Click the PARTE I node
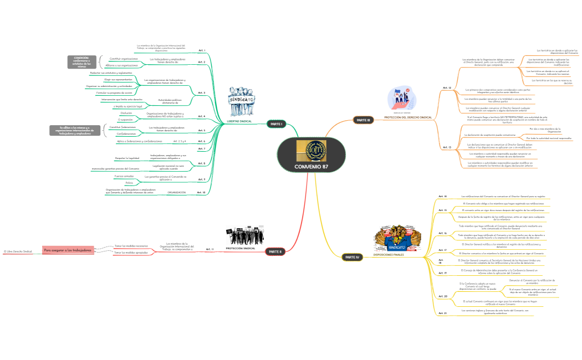click(275, 124)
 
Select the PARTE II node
click(275, 251)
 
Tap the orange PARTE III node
click(363, 120)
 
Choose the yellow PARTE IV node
click(352, 257)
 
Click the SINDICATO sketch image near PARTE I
click(241, 101)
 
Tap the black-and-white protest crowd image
click(244, 235)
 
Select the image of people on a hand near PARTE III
click(402, 99)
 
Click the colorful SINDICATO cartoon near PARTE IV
click(397, 238)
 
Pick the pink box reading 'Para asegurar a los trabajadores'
click(68, 250)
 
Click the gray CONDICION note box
click(82, 62)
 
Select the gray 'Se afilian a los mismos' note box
click(75, 131)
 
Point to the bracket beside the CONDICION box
click(101, 62)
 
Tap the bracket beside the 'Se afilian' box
click(105, 131)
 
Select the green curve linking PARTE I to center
click(294, 130)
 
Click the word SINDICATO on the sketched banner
click(242, 99)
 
